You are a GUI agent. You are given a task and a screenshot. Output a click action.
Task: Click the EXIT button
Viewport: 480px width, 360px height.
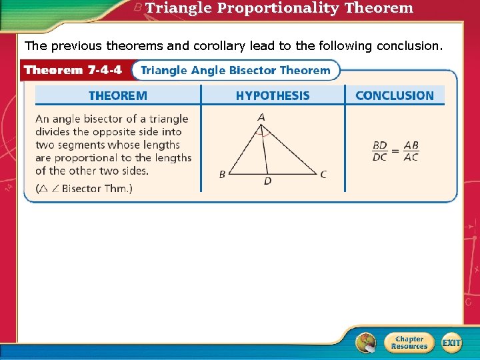451,343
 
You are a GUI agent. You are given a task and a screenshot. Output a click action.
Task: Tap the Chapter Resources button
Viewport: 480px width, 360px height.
409,343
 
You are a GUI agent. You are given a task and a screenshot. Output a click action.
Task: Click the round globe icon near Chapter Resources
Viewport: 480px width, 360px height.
365,343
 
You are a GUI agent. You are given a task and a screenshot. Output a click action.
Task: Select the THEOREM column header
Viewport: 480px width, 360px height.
118,95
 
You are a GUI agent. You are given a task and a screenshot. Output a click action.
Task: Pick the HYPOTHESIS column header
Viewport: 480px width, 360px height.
272,95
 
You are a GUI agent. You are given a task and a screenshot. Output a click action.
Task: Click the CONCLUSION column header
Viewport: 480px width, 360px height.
394,95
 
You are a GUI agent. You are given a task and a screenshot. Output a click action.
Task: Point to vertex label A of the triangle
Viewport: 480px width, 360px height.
261,117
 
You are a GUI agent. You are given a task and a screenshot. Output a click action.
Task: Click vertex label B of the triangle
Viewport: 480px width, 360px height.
222,175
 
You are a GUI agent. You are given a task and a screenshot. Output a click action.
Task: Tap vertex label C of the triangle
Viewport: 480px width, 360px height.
323,175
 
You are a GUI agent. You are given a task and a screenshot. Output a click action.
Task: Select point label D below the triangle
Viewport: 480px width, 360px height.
267,181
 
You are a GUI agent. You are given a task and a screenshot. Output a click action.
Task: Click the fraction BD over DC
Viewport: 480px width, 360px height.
379,151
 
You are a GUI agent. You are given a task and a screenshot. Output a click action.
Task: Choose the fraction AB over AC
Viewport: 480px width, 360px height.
411,151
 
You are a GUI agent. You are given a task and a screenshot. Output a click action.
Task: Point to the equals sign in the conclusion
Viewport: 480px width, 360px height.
395,151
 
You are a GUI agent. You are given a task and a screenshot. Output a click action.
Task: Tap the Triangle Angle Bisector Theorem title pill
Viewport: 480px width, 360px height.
235,70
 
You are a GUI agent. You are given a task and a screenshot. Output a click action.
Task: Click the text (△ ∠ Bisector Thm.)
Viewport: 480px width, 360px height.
84,189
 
